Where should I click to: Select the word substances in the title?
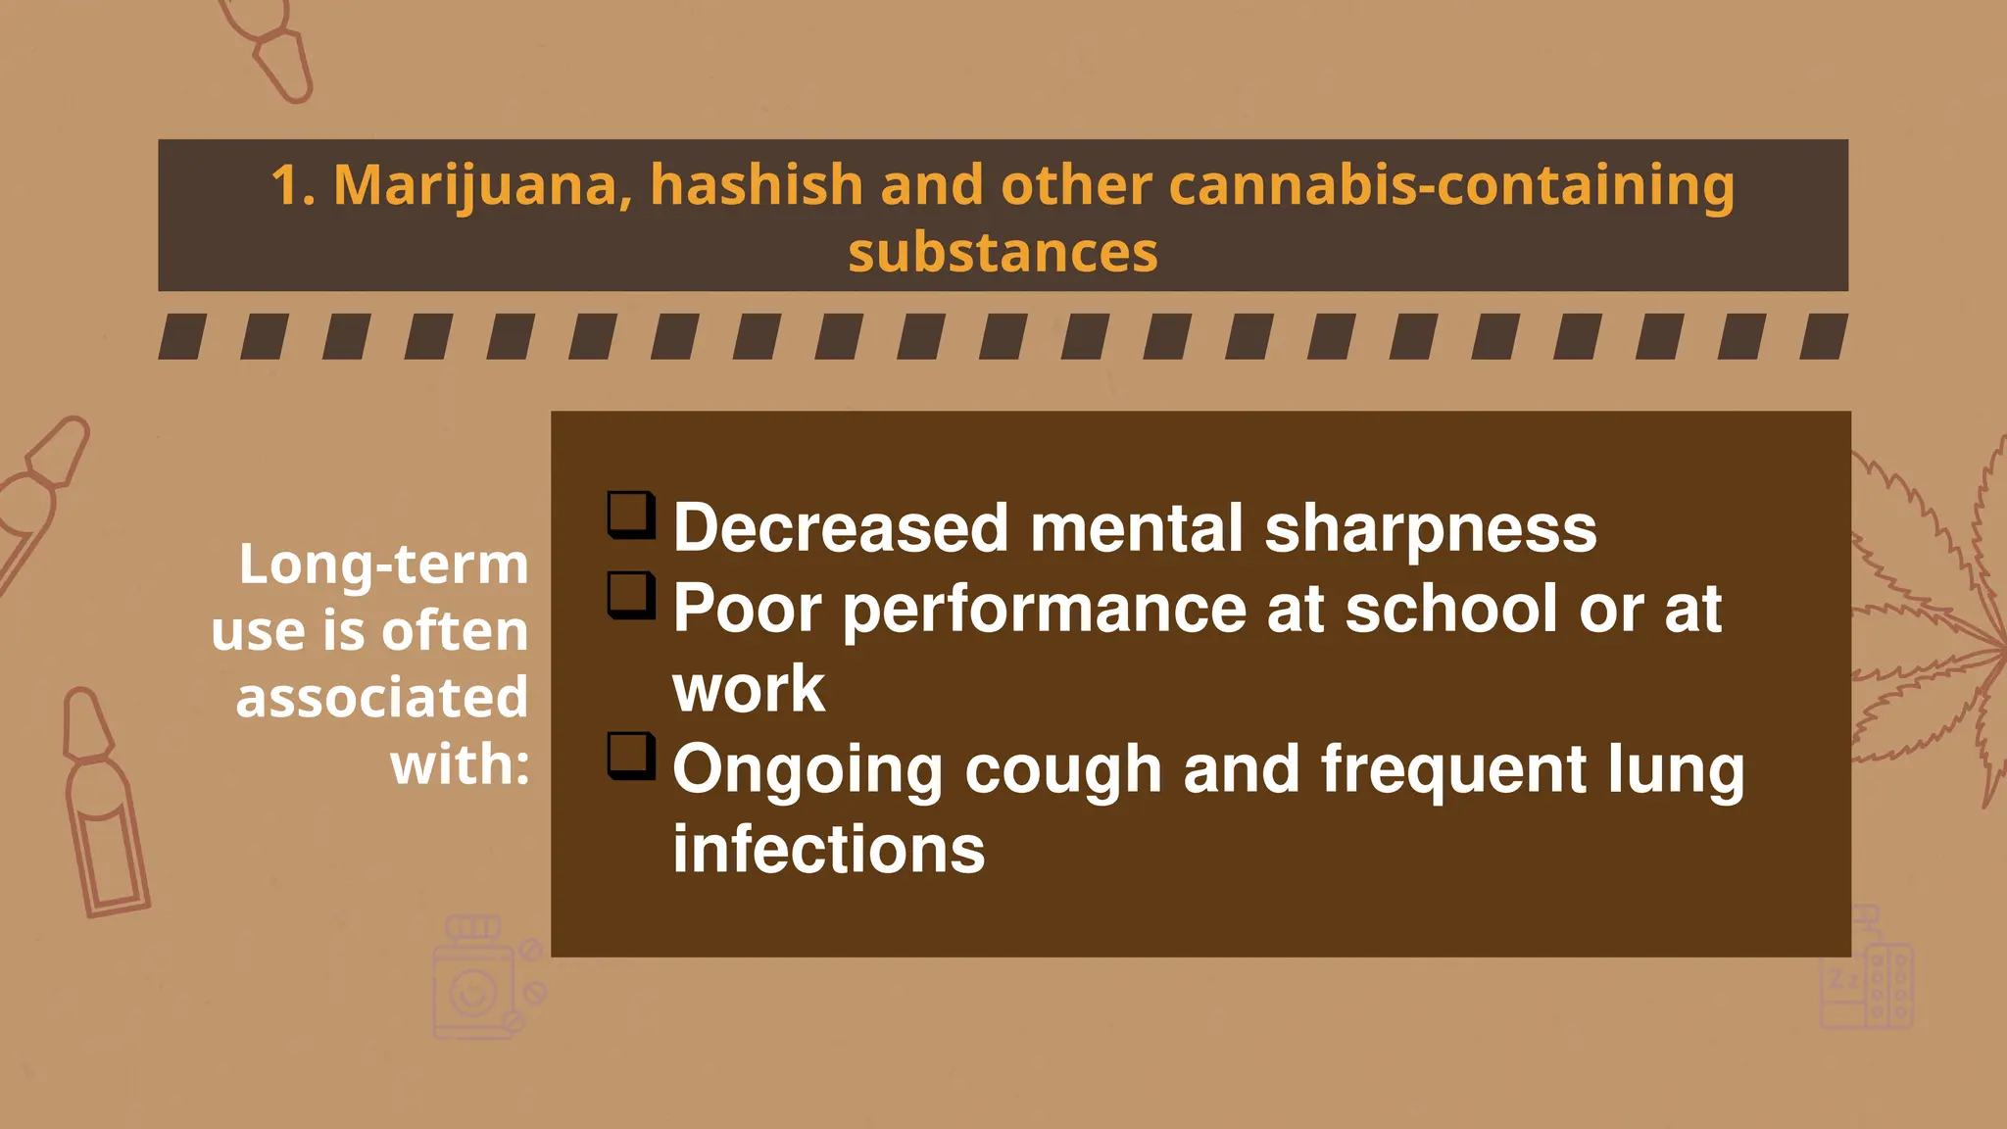(x=1003, y=253)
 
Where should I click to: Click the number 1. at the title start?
(x=293, y=186)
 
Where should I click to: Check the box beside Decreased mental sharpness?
(x=631, y=515)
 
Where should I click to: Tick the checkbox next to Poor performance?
(x=631, y=595)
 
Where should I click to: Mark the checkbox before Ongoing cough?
(x=631, y=756)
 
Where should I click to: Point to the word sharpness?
(x=1430, y=529)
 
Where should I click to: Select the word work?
(x=749, y=689)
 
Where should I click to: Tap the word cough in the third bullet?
(x=1063, y=769)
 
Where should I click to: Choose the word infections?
(x=828, y=850)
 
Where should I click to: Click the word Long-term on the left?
(x=383, y=565)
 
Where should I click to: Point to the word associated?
(x=382, y=698)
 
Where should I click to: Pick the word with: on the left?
(x=460, y=764)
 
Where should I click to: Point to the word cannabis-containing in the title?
(x=1451, y=186)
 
